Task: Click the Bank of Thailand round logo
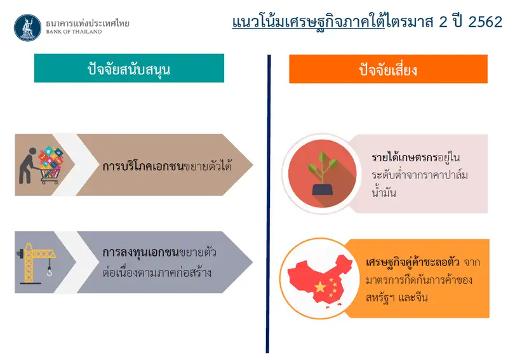pyautogui.click(x=27, y=27)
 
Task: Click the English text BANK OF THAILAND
pyautogui.click(x=74, y=32)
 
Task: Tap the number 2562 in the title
pyautogui.click(x=485, y=22)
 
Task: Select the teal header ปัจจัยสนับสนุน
pyautogui.click(x=129, y=68)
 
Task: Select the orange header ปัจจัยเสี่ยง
pyautogui.click(x=388, y=69)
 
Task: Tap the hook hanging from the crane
pyautogui.click(x=50, y=272)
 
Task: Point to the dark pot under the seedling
pyautogui.click(x=323, y=190)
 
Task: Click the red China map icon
pyautogui.click(x=319, y=279)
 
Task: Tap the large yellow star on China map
pyautogui.click(x=320, y=286)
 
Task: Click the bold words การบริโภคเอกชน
pyautogui.click(x=143, y=166)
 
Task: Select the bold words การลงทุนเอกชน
pyautogui.click(x=140, y=252)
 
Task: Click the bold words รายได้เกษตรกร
pyautogui.click(x=404, y=157)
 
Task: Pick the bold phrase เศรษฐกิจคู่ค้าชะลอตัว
pyautogui.click(x=412, y=262)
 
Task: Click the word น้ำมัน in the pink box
pyautogui.click(x=384, y=192)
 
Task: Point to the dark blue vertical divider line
pyautogui.click(x=268, y=204)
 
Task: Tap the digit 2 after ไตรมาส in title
pyautogui.click(x=443, y=22)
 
